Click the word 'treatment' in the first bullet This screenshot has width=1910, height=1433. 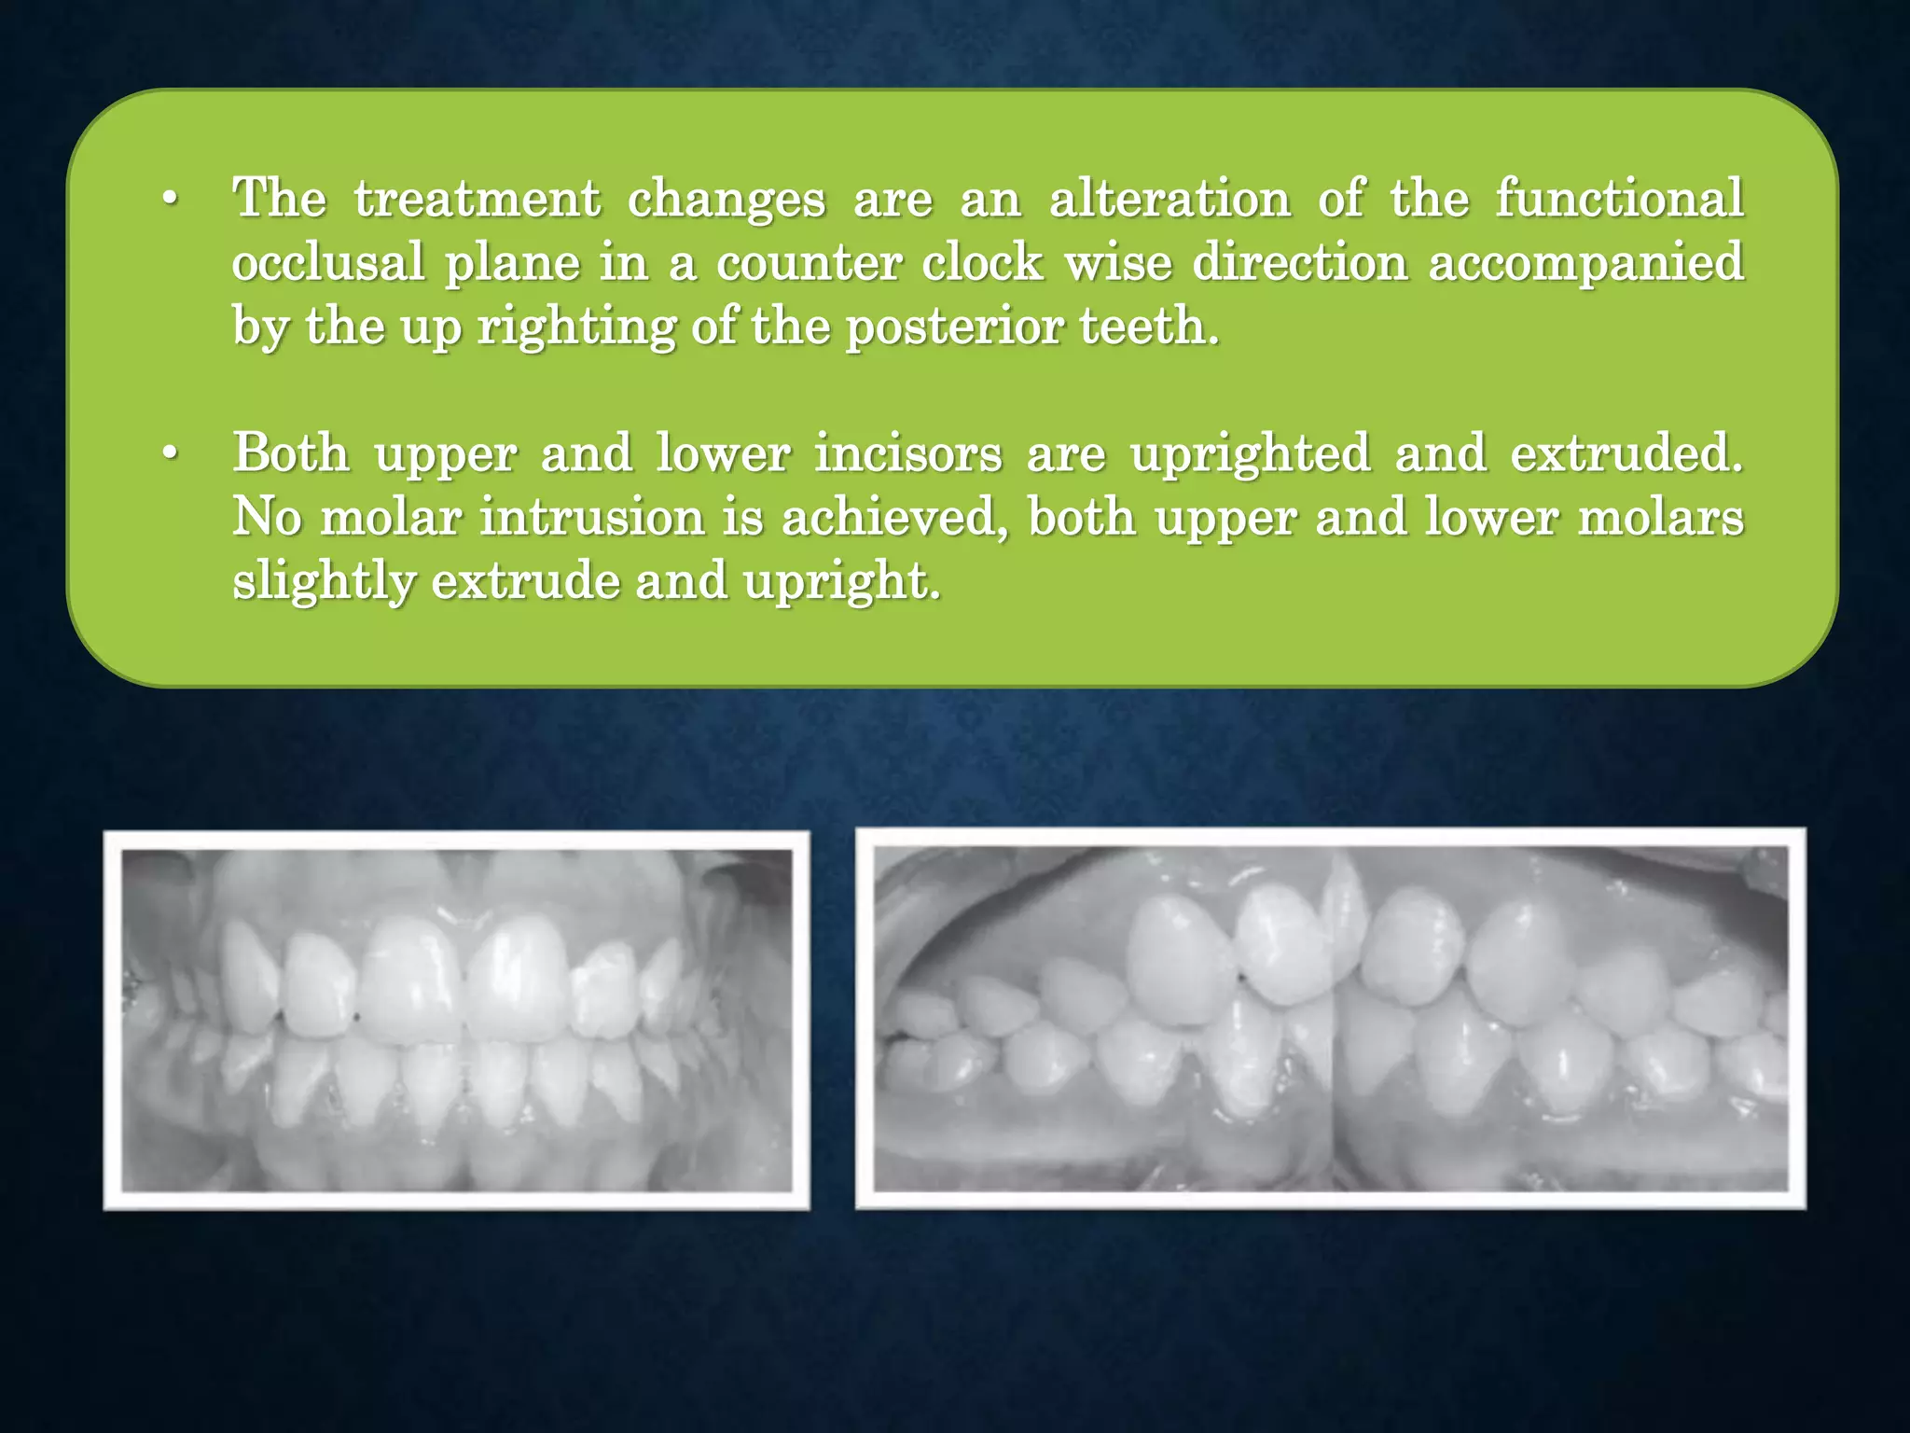coord(477,199)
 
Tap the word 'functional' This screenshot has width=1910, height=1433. coord(1619,199)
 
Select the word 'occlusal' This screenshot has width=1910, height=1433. coord(328,262)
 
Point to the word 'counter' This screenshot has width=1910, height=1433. coord(809,262)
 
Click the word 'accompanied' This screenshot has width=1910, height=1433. coord(1586,262)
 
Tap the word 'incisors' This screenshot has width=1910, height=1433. coord(908,453)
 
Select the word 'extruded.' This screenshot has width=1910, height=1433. coord(1626,453)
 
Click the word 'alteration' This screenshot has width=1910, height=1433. coord(1170,199)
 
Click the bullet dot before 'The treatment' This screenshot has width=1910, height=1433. coord(169,200)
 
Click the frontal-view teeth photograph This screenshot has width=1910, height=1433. coord(457,1021)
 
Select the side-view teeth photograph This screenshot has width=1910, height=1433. coord(1331,1019)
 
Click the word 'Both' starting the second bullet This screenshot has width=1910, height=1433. coord(291,453)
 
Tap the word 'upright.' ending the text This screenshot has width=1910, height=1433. coord(841,581)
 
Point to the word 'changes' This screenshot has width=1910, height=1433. coord(727,199)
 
